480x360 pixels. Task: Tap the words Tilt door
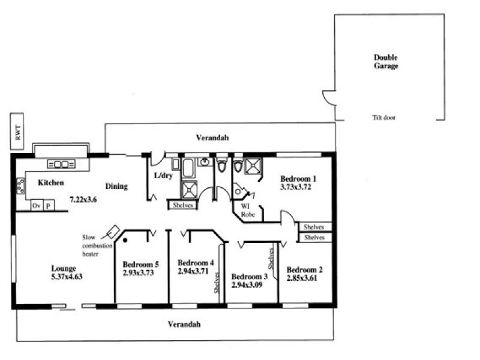click(x=384, y=118)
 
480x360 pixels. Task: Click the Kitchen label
click(x=51, y=182)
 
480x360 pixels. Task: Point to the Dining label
click(x=116, y=186)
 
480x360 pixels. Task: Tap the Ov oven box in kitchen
click(x=37, y=205)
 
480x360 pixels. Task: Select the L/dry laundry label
click(x=163, y=176)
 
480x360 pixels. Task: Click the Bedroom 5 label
click(x=141, y=264)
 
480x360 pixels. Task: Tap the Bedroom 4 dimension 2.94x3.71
click(x=194, y=271)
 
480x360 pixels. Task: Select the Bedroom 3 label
click(x=250, y=277)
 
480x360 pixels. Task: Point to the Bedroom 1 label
click(x=298, y=179)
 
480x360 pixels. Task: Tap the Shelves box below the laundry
click(x=182, y=205)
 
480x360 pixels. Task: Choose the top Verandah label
click(x=212, y=138)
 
